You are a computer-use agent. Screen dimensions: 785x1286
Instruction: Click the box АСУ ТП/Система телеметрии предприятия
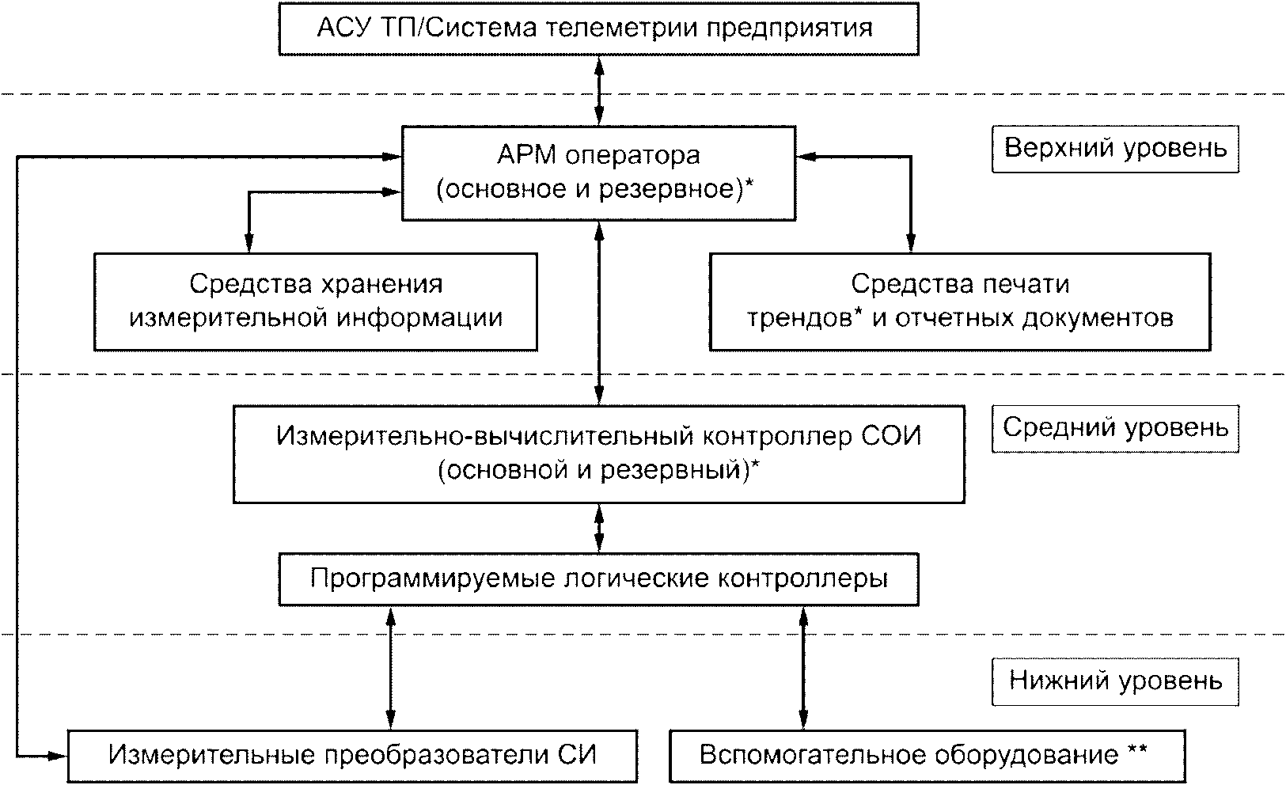coord(598,29)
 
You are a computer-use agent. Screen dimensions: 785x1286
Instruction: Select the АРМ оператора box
coord(598,172)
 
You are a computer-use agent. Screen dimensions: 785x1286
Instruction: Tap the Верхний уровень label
coord(1115,149)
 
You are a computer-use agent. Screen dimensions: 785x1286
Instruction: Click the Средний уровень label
coord(1115,428)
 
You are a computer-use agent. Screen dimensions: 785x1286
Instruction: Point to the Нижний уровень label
coord(1115,681)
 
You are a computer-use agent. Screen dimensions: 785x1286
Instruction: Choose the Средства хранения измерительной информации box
coord(315,301)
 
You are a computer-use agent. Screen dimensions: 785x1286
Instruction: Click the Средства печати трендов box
coord(959,301)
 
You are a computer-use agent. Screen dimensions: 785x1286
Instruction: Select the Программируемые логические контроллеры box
coord(598,579)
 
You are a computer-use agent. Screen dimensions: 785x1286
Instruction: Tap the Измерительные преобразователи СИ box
coord(352,755)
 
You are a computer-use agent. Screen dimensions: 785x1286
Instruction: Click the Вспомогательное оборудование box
coord(928,755)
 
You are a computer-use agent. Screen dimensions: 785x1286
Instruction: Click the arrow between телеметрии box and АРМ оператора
coord(599,89)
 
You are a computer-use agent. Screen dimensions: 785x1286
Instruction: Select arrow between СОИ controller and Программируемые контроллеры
coord(599,528)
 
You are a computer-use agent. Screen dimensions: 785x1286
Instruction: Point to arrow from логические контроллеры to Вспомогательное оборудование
coord(804,667)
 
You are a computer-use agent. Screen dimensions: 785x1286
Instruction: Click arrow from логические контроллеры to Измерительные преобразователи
coord(390,667)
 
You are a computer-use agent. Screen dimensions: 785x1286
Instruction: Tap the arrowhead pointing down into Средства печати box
coord(910,244)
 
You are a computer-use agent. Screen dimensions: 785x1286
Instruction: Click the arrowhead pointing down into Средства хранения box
coord(248,244)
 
